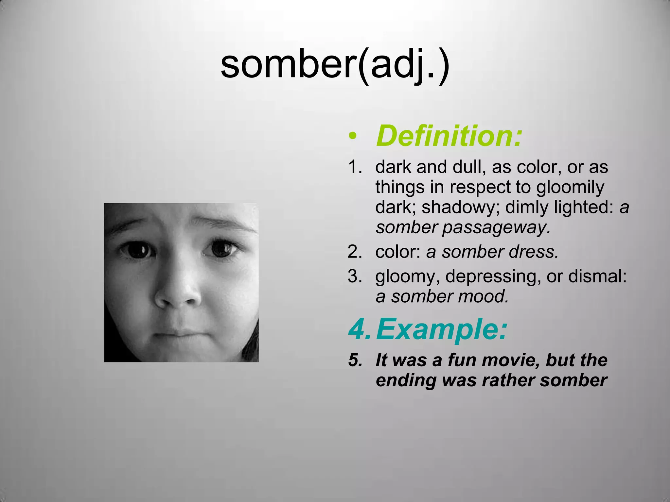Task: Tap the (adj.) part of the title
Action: click(x=404, y=65)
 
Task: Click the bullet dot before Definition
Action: click(x=352, y=136)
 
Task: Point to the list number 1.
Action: click(x=355, y=167)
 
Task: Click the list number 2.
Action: click(x=355, y=252)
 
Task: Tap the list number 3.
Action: click(x=355, y=276)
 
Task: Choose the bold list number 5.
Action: click(x=355, y=360)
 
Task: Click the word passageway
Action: click(x=496, y=228)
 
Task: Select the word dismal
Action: click(x=597, y=276)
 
